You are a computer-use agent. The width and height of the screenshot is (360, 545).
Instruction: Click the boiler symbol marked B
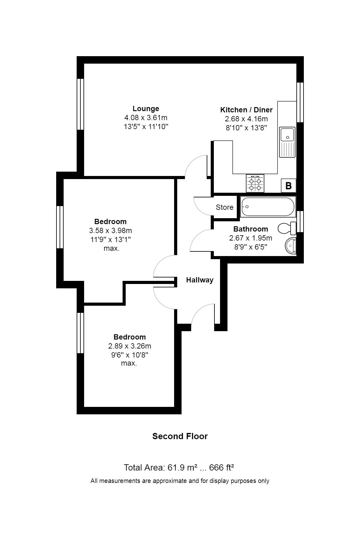[x=288, y=186]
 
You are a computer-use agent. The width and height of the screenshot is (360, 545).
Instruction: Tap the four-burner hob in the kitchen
[x=255, y=183]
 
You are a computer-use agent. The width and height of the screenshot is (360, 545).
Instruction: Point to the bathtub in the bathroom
[x=268, y=207]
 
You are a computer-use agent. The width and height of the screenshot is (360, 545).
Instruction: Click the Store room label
[x=225, y=207]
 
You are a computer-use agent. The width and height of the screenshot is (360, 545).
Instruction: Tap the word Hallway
[x=200, y=280]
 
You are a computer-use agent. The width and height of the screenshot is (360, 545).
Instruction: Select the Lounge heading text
[x=146, y=109]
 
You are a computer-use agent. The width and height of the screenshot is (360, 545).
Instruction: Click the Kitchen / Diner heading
[x=246, y=110]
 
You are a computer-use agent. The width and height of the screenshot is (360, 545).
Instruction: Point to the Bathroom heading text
[x=251, y=229]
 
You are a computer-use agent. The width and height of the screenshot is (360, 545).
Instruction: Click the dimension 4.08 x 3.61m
[x=146, y=118]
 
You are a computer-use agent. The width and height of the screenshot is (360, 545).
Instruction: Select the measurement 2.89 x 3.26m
[x=130, y=346]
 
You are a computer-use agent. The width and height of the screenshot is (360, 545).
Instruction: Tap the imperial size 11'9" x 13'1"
[x=110, y=240]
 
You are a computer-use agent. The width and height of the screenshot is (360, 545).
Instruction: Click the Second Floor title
[x=180, y=436]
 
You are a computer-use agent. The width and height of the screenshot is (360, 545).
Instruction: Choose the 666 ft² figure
[x=222, y=467]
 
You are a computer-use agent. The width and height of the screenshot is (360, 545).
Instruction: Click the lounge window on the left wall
[x=80, y=104]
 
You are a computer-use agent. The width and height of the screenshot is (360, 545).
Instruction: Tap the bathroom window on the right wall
[x=300, y=221]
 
